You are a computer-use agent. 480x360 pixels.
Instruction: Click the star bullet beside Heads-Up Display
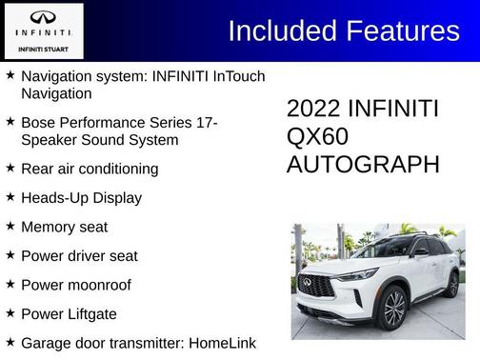point(10,197)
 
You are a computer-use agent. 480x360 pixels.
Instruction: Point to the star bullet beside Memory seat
point(10,226)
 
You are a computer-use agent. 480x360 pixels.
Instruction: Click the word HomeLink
point(223,342)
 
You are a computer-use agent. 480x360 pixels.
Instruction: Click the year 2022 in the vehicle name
point(313,109)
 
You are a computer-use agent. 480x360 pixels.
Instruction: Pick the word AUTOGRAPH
point(363,164)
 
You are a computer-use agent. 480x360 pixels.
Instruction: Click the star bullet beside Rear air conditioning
point(10,168)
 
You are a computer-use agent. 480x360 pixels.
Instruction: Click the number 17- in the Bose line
point(207,123)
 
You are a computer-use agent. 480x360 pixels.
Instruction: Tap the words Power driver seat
point(79,255)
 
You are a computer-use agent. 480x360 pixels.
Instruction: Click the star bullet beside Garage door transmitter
point(10,341)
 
